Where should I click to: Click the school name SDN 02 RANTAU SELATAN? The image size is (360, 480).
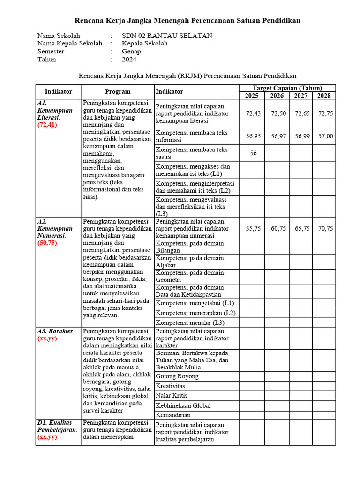point(167,36)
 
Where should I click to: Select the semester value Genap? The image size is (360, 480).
point(131,52)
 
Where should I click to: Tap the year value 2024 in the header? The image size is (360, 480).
point(129,60)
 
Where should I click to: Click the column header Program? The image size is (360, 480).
point(118,92)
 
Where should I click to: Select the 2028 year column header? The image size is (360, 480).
point(324,96)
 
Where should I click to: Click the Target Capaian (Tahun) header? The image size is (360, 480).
point(287,88)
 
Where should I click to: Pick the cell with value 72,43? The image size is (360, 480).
point(253,113)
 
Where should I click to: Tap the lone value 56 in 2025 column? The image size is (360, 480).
point(253,153)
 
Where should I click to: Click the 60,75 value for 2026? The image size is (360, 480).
point(278,228)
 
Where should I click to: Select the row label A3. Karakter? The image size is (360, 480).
point(55,331)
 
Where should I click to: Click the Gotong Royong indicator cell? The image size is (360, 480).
point(177,376)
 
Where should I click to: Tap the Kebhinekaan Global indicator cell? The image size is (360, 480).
point(183,405)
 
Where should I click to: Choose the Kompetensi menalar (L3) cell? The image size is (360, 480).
point(190,322)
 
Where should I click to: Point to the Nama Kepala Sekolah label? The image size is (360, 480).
point(70,44)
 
